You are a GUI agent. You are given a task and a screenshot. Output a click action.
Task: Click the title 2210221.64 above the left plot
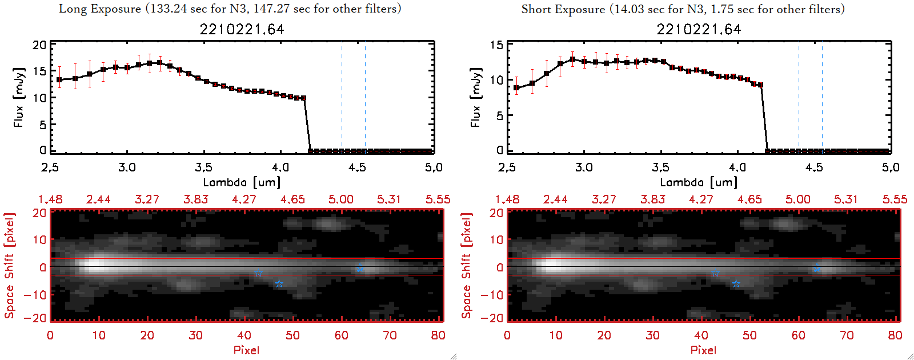click(x=242, y=29)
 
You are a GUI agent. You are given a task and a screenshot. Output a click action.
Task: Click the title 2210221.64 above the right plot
click(x=699, y=29)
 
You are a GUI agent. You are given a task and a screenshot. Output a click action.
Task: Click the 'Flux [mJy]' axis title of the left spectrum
click(x=19, y=97)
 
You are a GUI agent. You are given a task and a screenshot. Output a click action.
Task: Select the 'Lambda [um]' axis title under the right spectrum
click(x=699, y=182)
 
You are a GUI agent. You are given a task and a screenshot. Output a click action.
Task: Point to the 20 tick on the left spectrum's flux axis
click(x=39, y=45)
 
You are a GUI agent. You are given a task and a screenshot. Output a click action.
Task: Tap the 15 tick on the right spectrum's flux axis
click(x=496, y=45)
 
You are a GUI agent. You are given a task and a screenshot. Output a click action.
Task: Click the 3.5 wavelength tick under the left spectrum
click(x=203, y=167)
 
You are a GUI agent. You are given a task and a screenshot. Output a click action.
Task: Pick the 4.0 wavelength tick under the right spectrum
click(x=737, y=167)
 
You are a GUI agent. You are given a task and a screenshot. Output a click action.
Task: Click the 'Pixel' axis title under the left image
click(x=246, y=350)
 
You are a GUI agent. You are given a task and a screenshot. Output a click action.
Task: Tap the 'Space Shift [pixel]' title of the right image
click(x=467, y=266)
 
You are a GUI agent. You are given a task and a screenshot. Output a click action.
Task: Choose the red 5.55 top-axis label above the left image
click(x=438, y=199)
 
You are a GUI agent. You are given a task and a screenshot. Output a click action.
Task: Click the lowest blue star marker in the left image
click(x=279, y=284)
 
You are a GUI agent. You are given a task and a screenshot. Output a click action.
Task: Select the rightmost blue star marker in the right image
click(x=817, y=269)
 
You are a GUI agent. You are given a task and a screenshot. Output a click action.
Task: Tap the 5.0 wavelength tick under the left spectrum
click(x=434, y=167)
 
